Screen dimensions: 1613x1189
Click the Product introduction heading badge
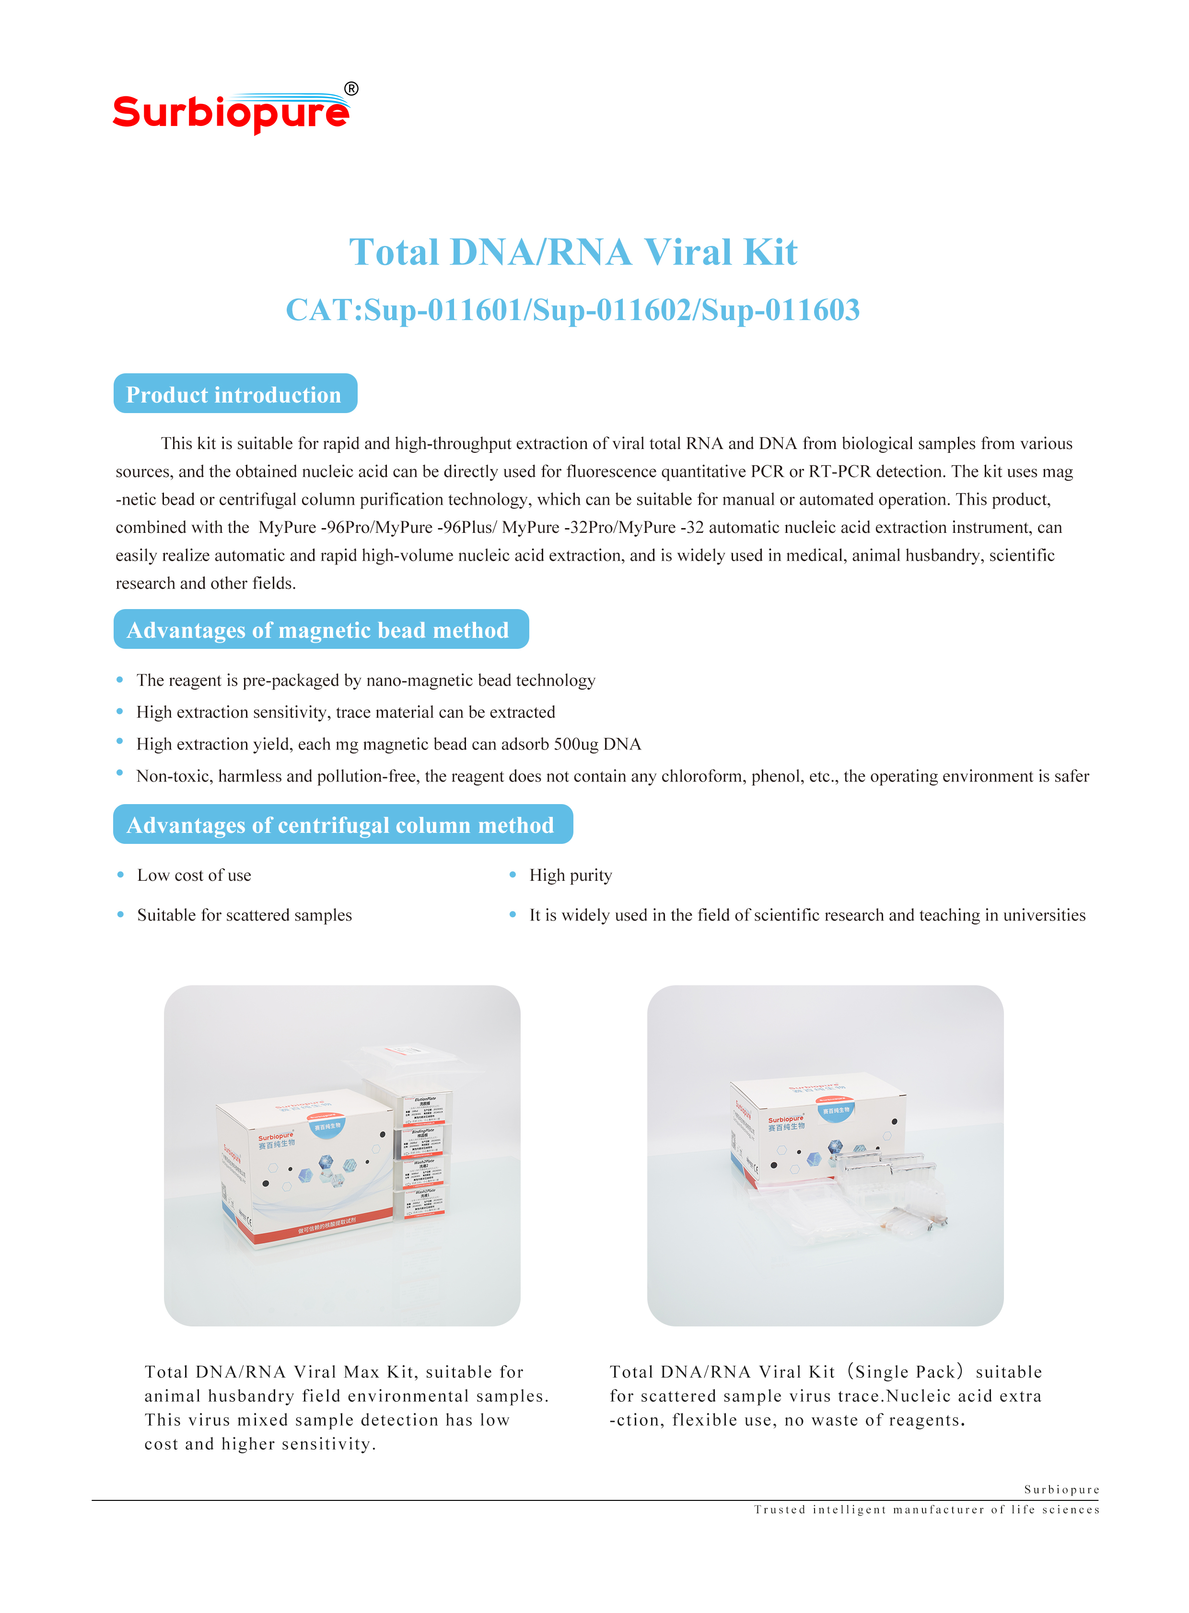[234, 394]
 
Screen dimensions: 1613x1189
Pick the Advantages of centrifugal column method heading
[343, 825]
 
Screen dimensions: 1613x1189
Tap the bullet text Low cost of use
[194, 875]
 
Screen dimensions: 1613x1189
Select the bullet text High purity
[570, 875]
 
